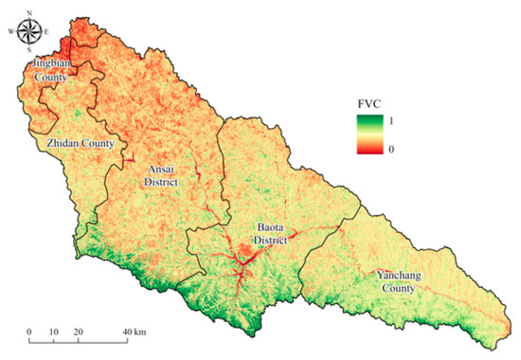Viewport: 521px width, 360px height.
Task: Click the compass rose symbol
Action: (29, 31)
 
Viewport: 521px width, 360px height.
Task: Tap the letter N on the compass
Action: (29, 12)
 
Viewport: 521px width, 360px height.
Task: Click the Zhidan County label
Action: (80, 143)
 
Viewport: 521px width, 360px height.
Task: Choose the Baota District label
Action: (276, 234)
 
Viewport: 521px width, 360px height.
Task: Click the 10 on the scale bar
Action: (53, 332)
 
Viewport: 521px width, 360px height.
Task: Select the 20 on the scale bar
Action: (78, 332)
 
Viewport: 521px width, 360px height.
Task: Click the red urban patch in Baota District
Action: (244, 251)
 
